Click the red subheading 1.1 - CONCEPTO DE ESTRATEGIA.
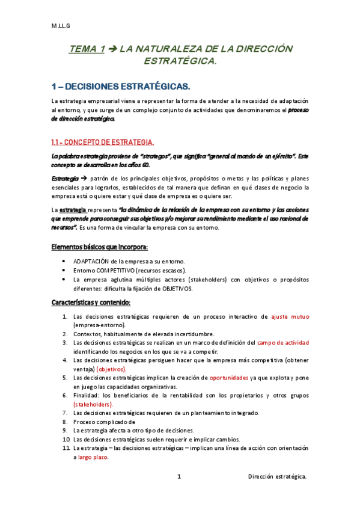tap(102, 142)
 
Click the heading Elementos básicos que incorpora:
tap(99, 247)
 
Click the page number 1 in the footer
tap(179, 477)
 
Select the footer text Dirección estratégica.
tap(278, 477)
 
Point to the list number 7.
tap(65, 413)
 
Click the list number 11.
tap(64, 448)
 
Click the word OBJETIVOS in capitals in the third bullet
tap(175, 289)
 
